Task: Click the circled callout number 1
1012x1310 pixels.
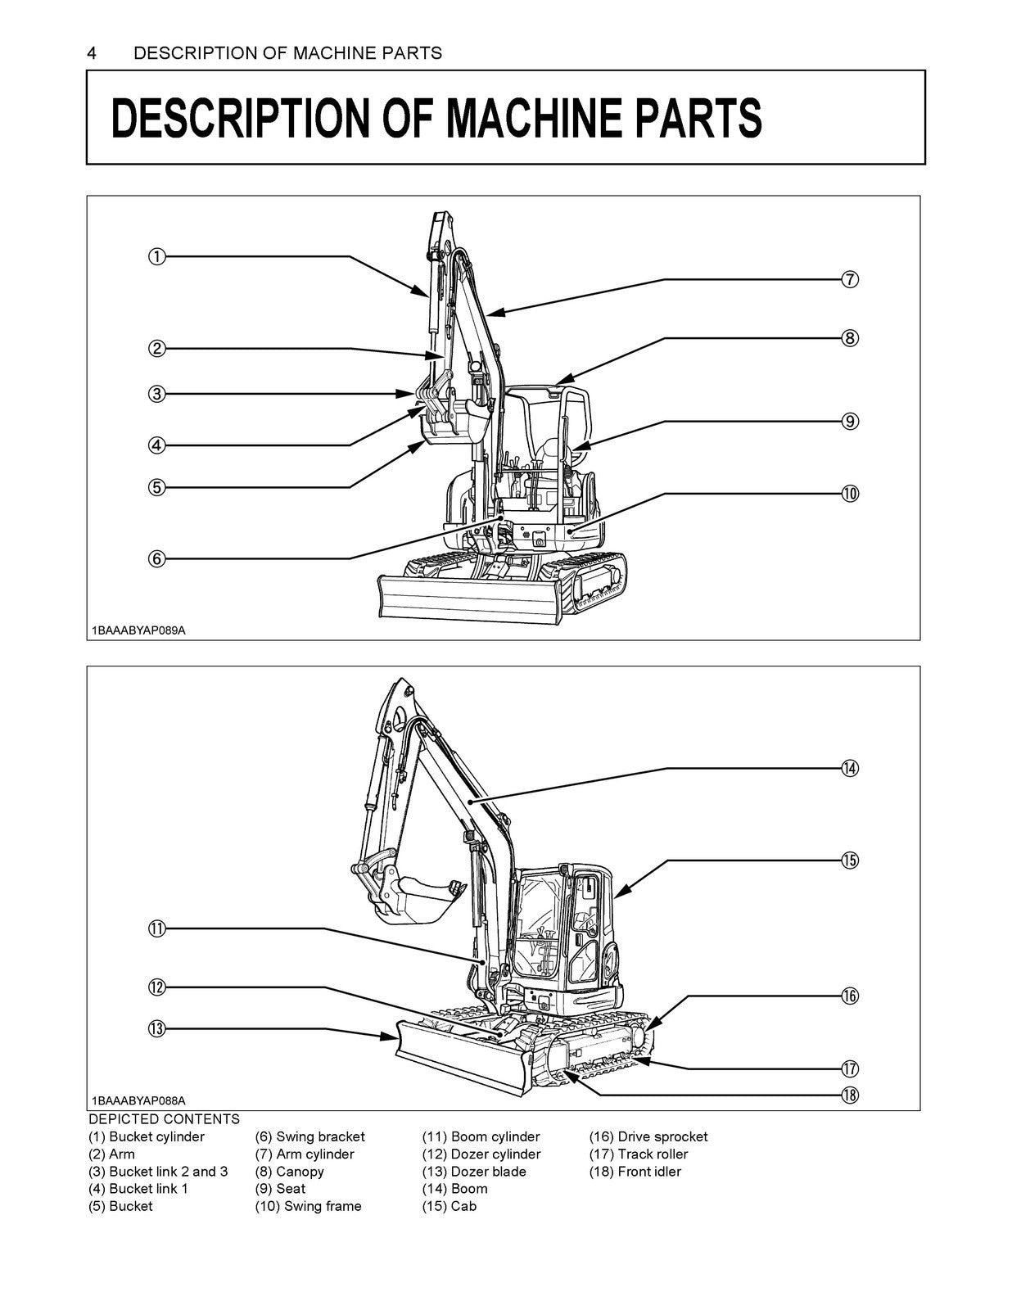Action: point(156,257)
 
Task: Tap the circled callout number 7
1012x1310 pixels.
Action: point(850,279)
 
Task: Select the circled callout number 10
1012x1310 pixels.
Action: point(850,493)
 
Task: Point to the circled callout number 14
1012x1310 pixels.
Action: point(850,767)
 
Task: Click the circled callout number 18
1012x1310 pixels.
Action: point(850,1095)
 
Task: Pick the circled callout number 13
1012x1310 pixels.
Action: point(156,1028)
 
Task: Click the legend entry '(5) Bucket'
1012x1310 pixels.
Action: point(120,1206)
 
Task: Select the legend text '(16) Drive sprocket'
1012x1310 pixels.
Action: point(648,1136)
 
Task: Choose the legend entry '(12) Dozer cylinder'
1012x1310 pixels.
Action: point(481,1154)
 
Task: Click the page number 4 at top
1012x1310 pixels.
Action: point(93,53)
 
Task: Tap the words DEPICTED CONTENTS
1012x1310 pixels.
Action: point(164,1119)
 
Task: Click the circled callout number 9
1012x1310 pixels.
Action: point(850,421)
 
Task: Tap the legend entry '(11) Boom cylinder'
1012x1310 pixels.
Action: point(481,1136)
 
